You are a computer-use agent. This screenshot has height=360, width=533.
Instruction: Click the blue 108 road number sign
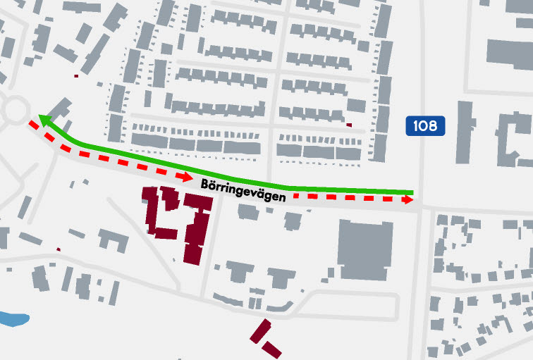point(426,126)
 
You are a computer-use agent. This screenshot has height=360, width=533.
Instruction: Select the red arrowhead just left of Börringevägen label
point(187,177)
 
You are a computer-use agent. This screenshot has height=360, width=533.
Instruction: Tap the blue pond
point(14,318)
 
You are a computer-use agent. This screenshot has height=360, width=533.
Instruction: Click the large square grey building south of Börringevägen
point(364,249)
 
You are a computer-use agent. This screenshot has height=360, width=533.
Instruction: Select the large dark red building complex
point(180,218)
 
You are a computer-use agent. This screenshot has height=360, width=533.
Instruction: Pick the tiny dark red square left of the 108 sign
point(349,125)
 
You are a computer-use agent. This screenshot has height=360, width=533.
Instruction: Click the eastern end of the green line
point(411,191)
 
